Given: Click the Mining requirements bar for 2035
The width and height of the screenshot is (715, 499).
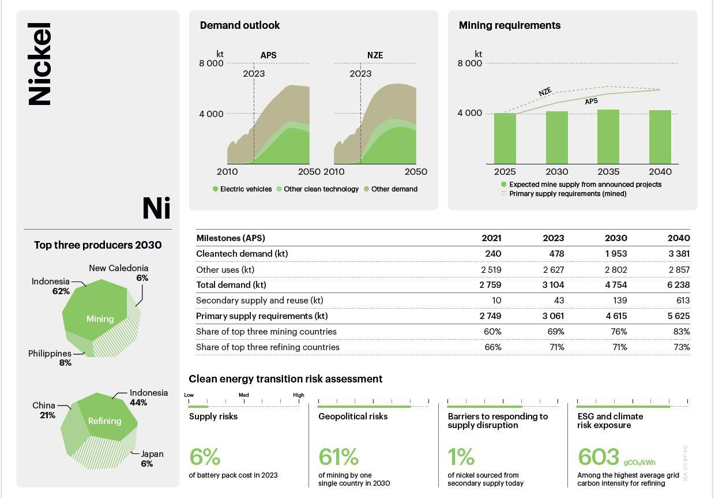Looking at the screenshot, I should tap(608, 137).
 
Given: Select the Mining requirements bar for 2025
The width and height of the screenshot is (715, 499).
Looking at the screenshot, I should tap(505, 138).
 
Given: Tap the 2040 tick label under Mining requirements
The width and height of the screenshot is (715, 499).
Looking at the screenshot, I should tap(660, 171).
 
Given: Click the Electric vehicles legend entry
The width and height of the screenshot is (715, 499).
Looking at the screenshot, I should tap(242, 189).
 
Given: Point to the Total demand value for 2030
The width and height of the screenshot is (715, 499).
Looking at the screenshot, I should tap(615, 285).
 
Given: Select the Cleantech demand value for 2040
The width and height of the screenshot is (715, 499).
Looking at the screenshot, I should tap(679, 254).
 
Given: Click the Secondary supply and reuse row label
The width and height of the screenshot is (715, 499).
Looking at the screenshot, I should tap(259, 301).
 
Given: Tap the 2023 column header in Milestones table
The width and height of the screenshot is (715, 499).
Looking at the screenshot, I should tap(553, 238).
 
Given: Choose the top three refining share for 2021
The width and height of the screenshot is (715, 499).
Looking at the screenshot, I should tap(493, 347).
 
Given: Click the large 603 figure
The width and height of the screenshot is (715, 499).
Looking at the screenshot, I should tap(598, 457).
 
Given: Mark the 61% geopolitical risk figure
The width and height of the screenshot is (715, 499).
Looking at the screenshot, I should tap(338, 457).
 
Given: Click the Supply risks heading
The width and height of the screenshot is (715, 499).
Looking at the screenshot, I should tap(213, 417).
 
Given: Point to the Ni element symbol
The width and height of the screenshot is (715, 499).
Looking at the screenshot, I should tap(156, 208).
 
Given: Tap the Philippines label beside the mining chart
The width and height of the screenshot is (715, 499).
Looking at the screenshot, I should tap(50, 354).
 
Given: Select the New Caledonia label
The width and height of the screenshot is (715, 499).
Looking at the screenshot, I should tap(118, 268).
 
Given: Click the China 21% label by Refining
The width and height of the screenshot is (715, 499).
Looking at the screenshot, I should tap(44, 410).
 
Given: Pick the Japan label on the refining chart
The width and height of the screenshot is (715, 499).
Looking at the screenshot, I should tap(152, 454).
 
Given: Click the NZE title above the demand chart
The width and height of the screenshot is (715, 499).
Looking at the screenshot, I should tap(375, 55).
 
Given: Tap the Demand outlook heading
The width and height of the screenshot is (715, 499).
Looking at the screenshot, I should tap(240, 25).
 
